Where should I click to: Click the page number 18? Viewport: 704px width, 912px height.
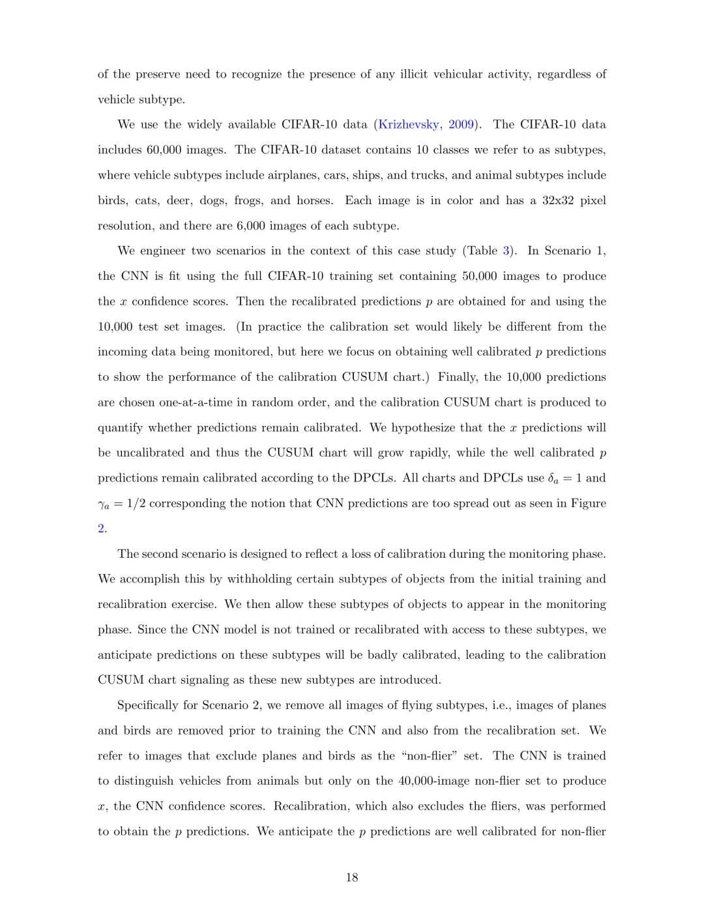(x=352, y=877)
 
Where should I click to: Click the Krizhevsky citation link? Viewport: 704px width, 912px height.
(x=409, y=125)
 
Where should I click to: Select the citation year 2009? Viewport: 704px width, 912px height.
(x=461, y=125)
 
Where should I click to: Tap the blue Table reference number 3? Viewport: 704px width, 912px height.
(x=506, y=251)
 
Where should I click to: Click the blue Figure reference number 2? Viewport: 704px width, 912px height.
(x=101, y=529)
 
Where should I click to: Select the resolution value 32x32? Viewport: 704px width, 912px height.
(x=559, y=200)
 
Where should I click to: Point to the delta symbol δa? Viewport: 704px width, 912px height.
(x=553, y=479)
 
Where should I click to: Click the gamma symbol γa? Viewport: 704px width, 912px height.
(x=104, y=504)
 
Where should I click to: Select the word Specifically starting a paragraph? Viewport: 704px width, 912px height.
(x=152, y=706)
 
